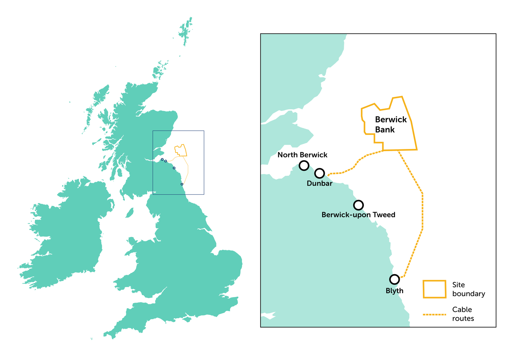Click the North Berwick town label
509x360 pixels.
[x=302, y=155]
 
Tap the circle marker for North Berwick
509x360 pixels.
[x=304, y=166]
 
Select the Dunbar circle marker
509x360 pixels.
[x=320, y=173]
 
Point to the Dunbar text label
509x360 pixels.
[x=319, y=184]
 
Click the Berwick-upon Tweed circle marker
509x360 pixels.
[x=358, y=205]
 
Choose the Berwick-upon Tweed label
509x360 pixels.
[x=358, y=215]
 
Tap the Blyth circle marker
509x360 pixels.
[x=394, y=279]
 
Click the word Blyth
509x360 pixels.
[x=394, y=291]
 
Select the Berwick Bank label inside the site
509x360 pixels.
[x=390, y=125]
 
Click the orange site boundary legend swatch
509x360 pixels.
[x=434, y=289]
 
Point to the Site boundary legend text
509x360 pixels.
[x=468, y=289]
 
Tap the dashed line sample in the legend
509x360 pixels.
[x=434, y=315]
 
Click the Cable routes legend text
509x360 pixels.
[x=463, y=314]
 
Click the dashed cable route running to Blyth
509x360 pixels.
[x=422, y=210]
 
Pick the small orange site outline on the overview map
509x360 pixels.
[x=181, y=150]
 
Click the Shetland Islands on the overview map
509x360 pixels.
[x=186, y=31]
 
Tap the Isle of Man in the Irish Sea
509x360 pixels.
[x=129, y=213]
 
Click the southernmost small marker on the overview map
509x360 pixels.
[x=182, y=184]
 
